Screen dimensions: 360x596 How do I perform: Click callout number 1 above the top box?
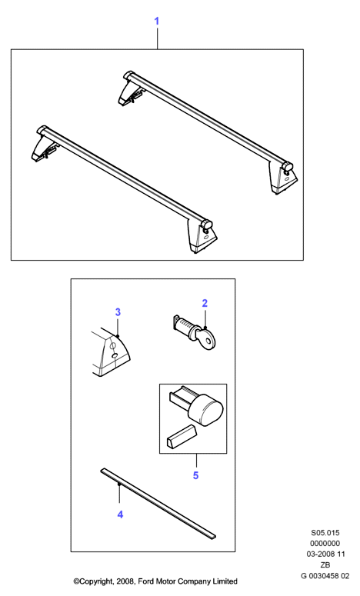(157, 22)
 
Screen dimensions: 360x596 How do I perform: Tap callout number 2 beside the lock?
(205, 303)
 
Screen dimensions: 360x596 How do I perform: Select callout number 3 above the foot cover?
(118, 312)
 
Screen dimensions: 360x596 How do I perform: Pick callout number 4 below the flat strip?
(120, 514)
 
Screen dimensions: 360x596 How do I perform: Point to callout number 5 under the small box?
(196, 475)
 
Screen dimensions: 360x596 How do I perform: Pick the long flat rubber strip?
(158, 504)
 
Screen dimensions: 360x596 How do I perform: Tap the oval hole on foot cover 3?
(115, 355)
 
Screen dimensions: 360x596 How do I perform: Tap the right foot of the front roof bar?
(202, 236)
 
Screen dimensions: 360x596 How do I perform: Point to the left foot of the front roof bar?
(45, 145)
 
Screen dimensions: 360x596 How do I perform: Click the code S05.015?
(325, 533)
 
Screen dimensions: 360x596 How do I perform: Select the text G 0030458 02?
(325, 575)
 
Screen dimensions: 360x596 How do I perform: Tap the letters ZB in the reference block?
(325, 564)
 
